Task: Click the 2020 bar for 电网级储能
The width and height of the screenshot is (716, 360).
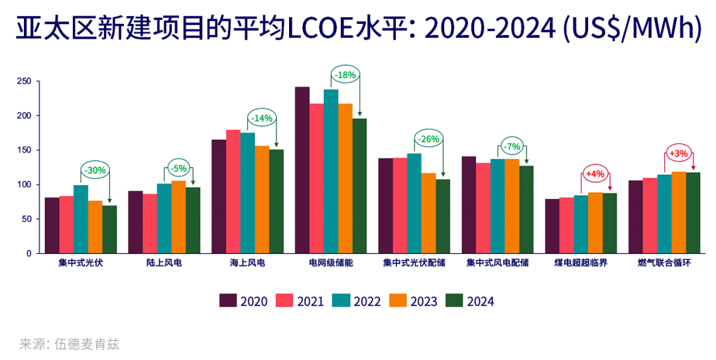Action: pos(302,170)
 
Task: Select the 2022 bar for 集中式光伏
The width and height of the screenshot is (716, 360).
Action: pos(81,219)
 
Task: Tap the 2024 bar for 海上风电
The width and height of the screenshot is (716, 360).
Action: pos(276,201)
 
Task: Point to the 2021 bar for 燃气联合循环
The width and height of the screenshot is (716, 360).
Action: pos(650,215)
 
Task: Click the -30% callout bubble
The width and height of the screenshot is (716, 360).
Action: pos(95,170)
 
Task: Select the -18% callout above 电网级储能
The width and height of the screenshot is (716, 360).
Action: pos(345,75)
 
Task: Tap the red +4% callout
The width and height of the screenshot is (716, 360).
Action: pos(595,174)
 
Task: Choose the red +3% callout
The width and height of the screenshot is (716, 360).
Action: pos(679,154)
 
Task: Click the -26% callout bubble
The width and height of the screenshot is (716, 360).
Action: pos(428,139)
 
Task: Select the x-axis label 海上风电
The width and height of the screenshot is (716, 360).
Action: pos(247,263)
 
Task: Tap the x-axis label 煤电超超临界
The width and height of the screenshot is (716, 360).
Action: pos(581,263)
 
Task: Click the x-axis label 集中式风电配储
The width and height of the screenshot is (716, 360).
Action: pos(497,263)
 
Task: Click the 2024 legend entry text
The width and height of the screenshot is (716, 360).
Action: pos(481,302)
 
